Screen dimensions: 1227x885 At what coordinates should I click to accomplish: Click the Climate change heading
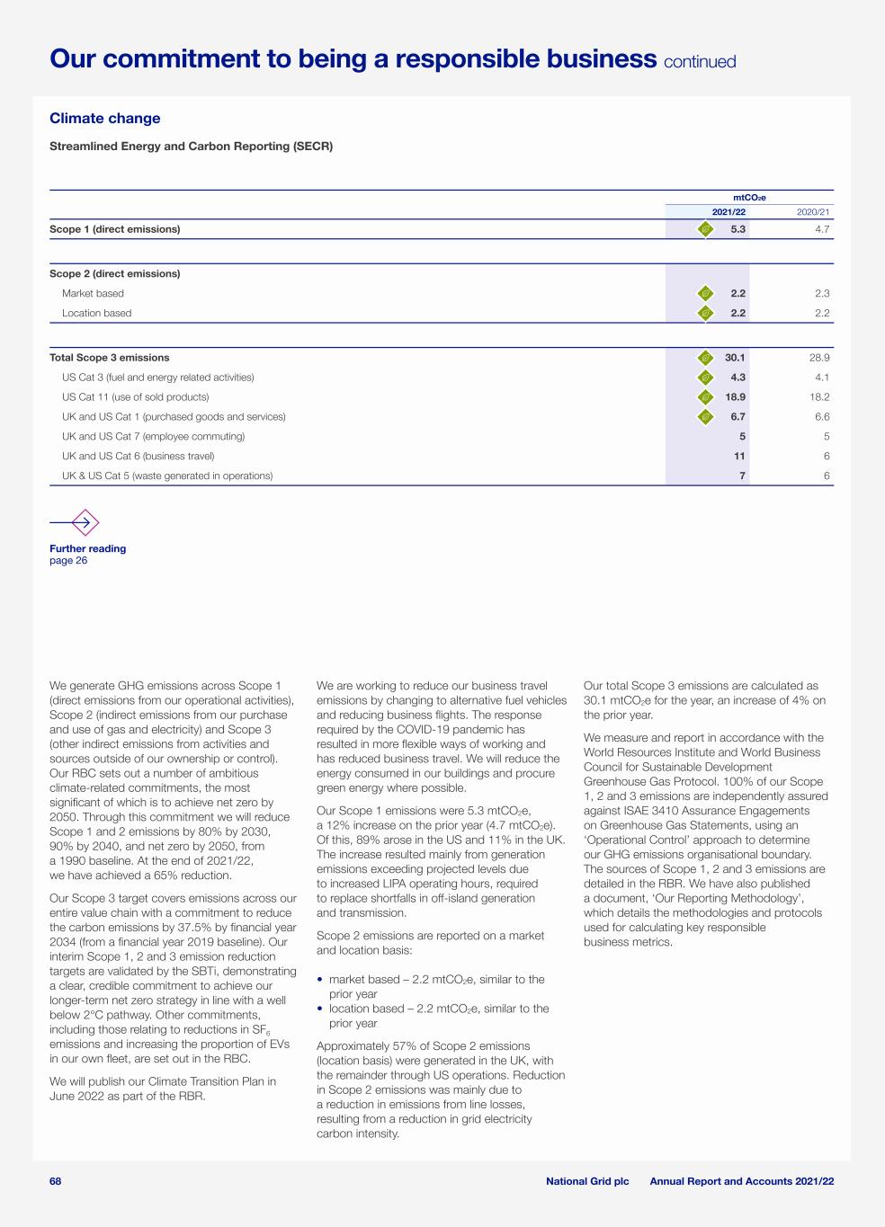pyautogui.click(x=104, y=119)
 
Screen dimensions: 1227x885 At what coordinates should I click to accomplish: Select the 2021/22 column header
pyautogui.click(x=729, y=212)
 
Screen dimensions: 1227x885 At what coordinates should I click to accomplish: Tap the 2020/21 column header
pyautogui.click(x=813, y=212)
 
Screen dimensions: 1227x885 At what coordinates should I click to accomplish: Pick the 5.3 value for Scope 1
pyautogui.click(x=737, y=229)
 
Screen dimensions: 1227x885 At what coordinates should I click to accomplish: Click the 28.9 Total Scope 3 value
pyautogui.click(x=818, y=358)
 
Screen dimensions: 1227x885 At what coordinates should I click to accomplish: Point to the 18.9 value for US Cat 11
pyautogui.click(x=735, y=397)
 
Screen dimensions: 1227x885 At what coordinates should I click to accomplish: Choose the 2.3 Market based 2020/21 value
pyautogui.click(x=822, y=294)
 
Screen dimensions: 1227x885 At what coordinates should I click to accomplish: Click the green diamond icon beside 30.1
pyautogui.click(x=706, y=358)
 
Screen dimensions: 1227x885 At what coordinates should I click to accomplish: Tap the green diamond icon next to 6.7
pyautogui.click(x=706, y=417)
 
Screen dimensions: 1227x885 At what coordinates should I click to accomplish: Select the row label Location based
pyautogui.click(x=96, y=314)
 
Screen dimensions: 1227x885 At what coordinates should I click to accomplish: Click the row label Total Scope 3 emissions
pyautogui.click(x=109, y=358)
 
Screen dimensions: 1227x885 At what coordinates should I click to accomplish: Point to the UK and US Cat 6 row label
pyautogui.click(x=138, y=457)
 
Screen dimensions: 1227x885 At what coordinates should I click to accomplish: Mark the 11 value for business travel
pyautogui.click(x=739, y=457)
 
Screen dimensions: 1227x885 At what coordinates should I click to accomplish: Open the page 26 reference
pyautogui.click(x=68, y=561)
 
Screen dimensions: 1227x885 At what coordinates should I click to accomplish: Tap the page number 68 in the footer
pyautogui.click(x=56, y=1181)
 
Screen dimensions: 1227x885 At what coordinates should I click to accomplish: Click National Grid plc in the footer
pyautogui.click(x=587, y=1181)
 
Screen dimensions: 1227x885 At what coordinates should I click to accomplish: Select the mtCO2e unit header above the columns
pyautogui.click(x=749, y=198)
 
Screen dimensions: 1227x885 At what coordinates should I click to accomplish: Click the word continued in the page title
pyautogui.click(x=700, y=62)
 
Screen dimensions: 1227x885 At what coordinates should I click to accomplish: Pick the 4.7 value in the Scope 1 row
pyautogui.click(x=822, y=229)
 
